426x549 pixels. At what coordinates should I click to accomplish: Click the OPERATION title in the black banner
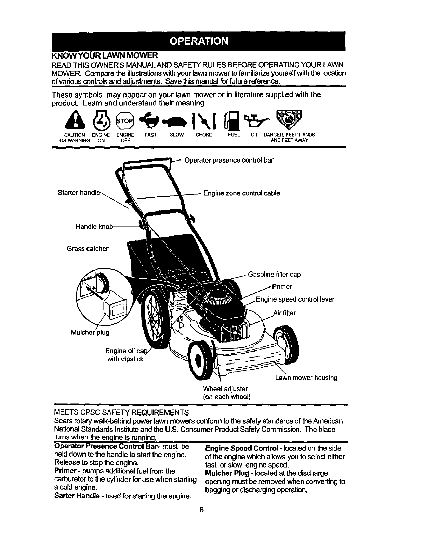tap(199, 41)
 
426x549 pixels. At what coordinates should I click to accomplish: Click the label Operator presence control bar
tap(229, 160)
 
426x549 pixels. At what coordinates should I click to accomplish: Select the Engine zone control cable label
tap(241, 193)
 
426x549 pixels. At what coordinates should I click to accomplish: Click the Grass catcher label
tap(88, 248)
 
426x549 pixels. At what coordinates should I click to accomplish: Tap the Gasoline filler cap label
tap(274, 274)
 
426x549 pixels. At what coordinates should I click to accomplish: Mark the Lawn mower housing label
tap(306, 378)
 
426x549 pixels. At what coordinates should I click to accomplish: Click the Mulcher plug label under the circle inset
tap(90, 332)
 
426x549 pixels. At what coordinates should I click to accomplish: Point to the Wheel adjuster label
tap(225, 389)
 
